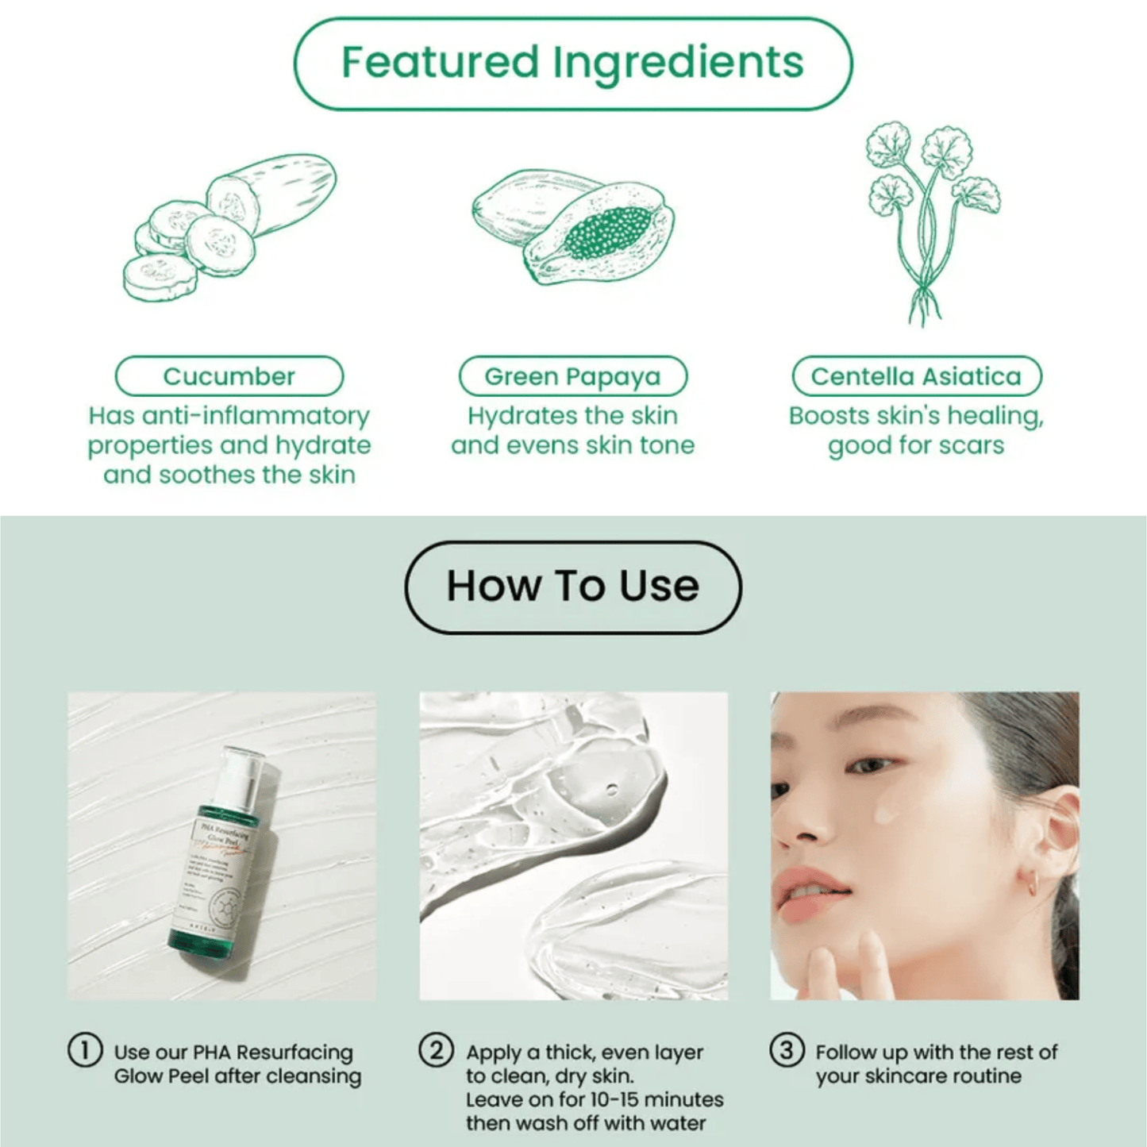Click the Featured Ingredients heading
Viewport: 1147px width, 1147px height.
(x=572, y=63)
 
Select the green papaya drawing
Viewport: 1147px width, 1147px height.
(x=573, y=227)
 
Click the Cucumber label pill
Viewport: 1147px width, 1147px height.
(x=229, y=376)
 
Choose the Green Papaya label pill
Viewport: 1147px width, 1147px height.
(x=572, y=376)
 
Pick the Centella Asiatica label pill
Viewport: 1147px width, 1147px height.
(x=916, y=376)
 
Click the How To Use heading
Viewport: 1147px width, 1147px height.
(x=572, y=587)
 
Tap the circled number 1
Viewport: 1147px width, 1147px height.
(x=85, y=1050)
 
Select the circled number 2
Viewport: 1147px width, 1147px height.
(x=437, y=1050)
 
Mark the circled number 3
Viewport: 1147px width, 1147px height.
(x=787, y=1050)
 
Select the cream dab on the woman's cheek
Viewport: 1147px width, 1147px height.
(x=886, y=813)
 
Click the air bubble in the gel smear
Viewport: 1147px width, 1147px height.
(x=610, y=790)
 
